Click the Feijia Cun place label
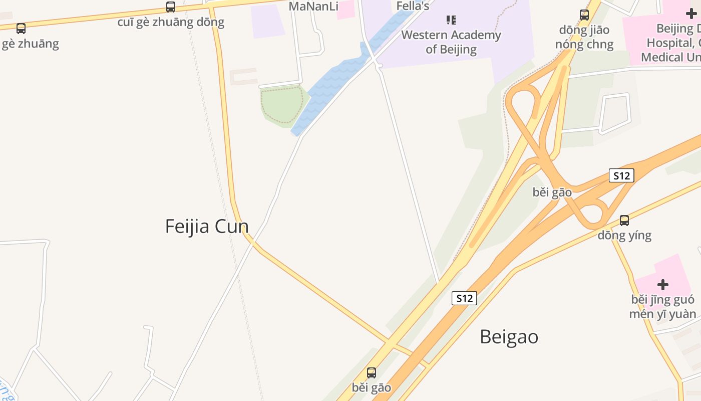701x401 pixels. [x=207, y=226]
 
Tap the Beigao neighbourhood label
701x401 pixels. [x=509, y=336]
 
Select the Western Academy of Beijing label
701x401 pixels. [x=451, y=42]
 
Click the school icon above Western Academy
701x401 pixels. [x=451, y=20]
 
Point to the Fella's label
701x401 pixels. [x=413, y=6]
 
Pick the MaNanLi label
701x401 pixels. [x=313, y=7]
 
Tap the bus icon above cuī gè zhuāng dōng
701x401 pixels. [x=171, y=7]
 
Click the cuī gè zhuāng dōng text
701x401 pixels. [x=171, y=22]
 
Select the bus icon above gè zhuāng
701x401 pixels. [x=21, y=29]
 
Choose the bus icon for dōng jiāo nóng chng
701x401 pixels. [x=584, y=15]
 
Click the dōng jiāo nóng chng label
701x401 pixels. [x=584, y=37]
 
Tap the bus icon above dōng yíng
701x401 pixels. [x=624, y=220]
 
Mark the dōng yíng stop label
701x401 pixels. [x=624, y=235]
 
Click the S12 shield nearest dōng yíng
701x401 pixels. [x=621, y=175]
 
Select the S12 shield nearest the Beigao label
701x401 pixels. [x=464, y=298]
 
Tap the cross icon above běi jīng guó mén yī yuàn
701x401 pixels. [x=663, y=285]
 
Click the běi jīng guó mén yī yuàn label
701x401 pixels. [x=663, y=307]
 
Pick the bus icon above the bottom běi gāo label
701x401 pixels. [x=372, y=373]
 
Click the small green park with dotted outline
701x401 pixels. [x=282, y=104]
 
